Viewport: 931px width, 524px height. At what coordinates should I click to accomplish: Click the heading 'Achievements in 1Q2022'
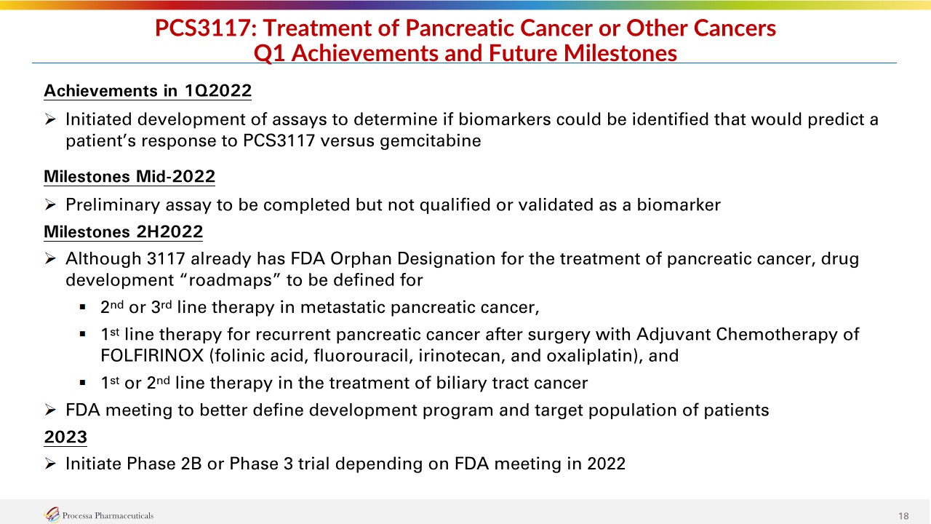click(148, 91)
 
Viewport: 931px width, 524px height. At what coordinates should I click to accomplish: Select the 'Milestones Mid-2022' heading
click(129, 176)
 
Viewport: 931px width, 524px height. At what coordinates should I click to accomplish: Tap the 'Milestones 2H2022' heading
click(124, 231)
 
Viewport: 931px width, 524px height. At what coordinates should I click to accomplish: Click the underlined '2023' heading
click(65, 437)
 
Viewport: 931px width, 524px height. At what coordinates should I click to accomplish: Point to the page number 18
click(903, 516)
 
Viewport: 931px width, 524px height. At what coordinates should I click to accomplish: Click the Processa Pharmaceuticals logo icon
click(52, 515)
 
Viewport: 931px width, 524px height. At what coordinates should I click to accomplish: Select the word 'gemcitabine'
click(431, 141)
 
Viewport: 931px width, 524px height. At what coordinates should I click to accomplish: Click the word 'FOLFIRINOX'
click(152, 356)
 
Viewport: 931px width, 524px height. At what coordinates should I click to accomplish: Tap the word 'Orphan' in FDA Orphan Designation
click(361, 259)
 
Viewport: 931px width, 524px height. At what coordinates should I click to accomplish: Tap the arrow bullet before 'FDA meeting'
click(50, 410)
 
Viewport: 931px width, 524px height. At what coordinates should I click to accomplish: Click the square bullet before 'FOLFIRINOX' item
click(82, 334)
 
